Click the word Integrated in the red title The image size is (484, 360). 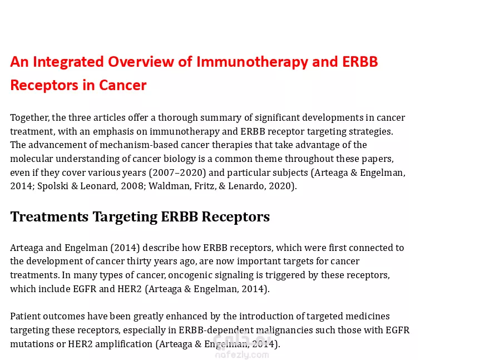point(68,62)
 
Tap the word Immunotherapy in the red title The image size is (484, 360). point(252,62)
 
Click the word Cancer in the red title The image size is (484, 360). point(122,85)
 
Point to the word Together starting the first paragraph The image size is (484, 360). point(29,118)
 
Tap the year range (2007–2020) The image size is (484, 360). point(177,172)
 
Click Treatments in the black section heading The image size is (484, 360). point(50,217)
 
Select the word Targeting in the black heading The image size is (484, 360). point(125,218)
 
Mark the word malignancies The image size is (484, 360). point(284,331)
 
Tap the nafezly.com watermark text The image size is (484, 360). point(242,355)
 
